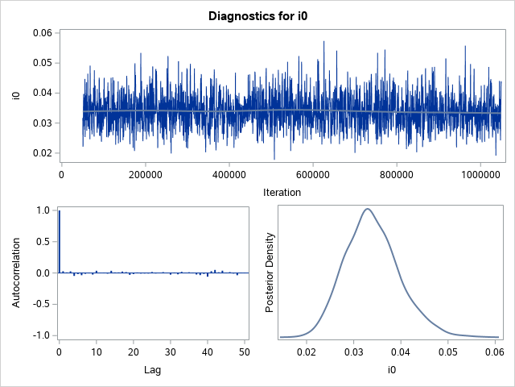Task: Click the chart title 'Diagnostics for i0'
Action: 257,15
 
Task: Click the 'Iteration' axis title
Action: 282,192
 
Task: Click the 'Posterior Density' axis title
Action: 271,273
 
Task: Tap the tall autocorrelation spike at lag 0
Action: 59,242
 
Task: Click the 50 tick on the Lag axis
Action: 245,353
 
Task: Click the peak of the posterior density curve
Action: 368,209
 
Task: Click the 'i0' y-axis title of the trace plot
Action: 16,96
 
